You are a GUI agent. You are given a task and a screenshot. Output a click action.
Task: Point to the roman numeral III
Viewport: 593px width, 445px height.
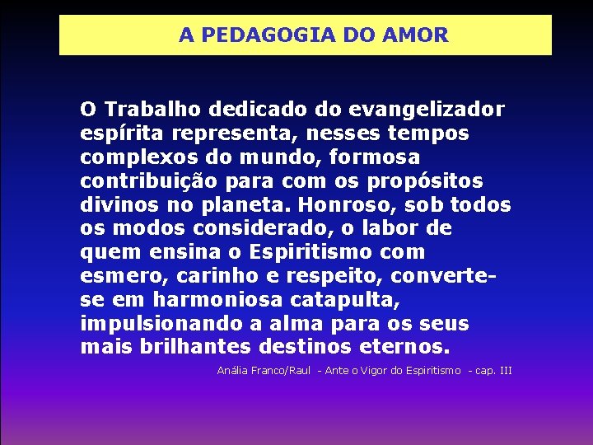point(505,371)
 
